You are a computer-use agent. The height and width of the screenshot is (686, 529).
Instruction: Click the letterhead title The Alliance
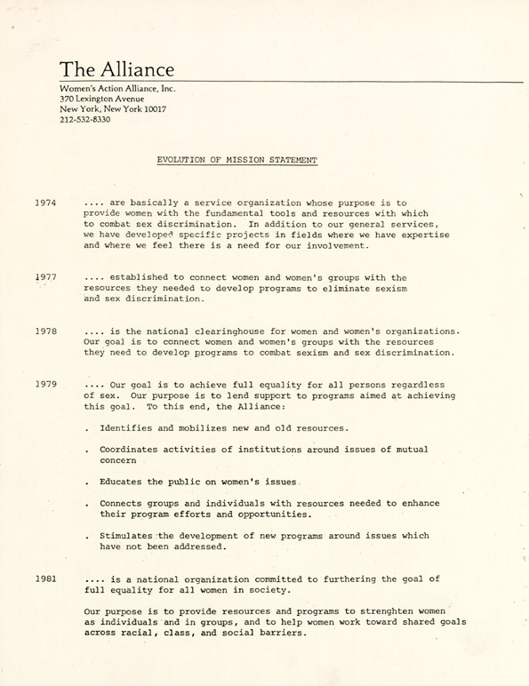tap(116, 69)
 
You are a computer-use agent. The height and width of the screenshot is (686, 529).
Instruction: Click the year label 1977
tap(46, 277)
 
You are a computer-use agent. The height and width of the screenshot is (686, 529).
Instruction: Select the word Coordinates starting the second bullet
tap(135, 450)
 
